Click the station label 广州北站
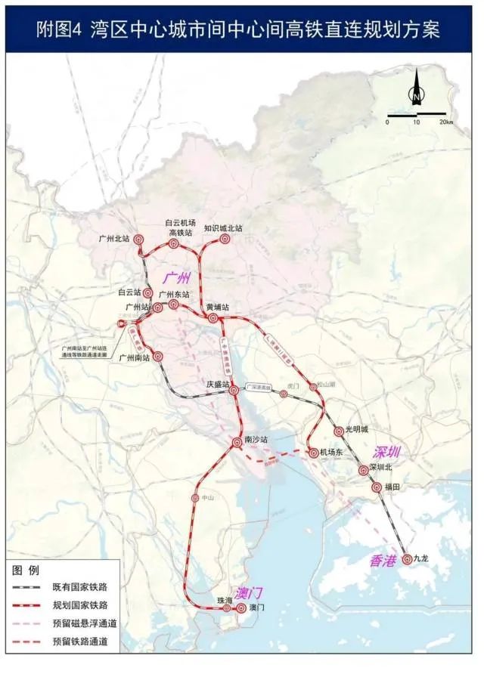pyautogui.click(x=114, y=238)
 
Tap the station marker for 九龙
pyautogui.click(x=408, y=559)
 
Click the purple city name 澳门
pyautogui.click(x=248, y=592)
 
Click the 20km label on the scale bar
pyautogui.click(x=445, y=122)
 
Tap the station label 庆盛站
pyautogui.click(x=219, y=384)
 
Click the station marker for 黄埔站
pyautogui.click(x=213, y=318)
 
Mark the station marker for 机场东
pyautogui.click(x=313, y=453)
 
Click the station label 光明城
pyautogui.click(x=356, y=429)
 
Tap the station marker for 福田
pyautogui.click(x=376, y=487)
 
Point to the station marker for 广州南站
pyautogui.click(x=158, y=356)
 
